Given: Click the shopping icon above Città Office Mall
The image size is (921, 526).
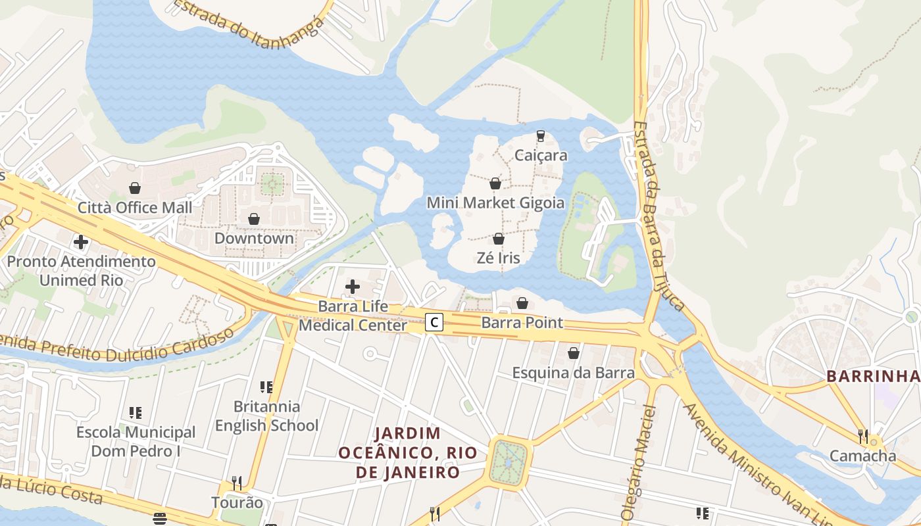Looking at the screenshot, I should pos(135,189).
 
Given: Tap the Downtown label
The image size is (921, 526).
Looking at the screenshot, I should pos(254,238).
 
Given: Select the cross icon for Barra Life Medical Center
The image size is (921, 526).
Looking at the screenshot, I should pos(353,287).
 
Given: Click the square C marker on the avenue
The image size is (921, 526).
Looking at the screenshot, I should pos(434,322).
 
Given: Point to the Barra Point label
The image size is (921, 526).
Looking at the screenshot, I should pos(522,323).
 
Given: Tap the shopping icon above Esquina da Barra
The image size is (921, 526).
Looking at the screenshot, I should pos(574,353).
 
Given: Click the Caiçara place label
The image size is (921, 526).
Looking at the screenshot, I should pos(541,156).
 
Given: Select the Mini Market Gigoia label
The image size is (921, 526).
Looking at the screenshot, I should pos(495,203).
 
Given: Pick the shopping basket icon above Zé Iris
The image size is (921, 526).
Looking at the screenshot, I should pos(499,239).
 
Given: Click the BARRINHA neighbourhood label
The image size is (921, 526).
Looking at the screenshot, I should pos(872,376).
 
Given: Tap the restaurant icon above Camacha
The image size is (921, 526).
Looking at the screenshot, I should pos(862,436).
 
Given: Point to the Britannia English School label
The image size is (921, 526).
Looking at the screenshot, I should pos(266,416).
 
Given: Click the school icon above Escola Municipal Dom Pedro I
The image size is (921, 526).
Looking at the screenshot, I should pos(136,413).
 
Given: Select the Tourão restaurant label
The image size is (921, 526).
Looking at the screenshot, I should pos(237,503).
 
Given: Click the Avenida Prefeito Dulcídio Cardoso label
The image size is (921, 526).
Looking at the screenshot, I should pos(118,346).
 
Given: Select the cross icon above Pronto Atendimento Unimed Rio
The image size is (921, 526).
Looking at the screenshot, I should pos(81,242).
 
